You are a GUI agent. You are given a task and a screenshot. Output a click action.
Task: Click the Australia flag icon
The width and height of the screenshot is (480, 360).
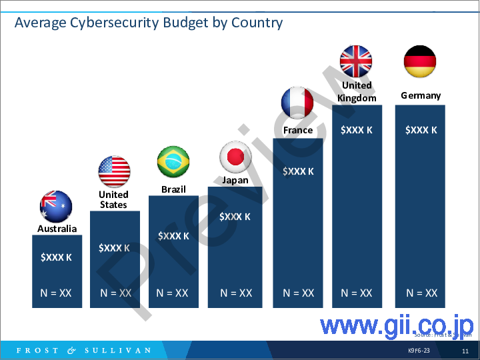pos(56,207)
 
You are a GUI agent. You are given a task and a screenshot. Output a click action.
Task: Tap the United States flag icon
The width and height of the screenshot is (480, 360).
pos(114,172)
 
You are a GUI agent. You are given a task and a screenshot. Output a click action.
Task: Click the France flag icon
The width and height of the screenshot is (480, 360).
pos(297,103)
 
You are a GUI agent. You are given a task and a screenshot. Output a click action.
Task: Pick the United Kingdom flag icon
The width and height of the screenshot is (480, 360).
pos(356,61)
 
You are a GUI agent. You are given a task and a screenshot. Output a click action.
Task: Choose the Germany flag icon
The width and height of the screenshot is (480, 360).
pos(420,61)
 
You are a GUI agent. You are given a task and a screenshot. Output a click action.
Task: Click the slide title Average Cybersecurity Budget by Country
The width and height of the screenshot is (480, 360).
pos(149,23)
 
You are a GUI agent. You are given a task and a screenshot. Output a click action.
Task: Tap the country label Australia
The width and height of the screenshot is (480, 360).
pos(57,229)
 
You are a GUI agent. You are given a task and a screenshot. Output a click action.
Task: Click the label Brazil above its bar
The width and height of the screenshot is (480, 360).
pos(173,189)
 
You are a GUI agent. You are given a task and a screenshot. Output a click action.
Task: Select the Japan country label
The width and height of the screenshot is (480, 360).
pos(235,180)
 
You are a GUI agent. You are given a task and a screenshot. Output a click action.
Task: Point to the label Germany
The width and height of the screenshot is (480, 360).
pos(421,95)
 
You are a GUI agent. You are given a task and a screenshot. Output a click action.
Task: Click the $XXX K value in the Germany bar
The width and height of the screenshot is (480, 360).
pos(421,130)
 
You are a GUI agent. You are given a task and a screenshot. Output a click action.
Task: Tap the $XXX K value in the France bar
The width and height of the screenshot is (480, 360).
pos(298,171)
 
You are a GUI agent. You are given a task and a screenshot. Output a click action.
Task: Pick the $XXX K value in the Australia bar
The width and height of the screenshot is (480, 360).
pos(56,257)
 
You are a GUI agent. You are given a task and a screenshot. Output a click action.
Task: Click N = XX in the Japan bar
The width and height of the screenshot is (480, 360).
pos(236,293)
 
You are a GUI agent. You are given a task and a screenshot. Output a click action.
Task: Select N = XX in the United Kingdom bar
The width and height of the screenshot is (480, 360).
pos(357,293)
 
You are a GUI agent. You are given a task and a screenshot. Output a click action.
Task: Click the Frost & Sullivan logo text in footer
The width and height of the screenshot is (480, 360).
pos(84,351)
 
